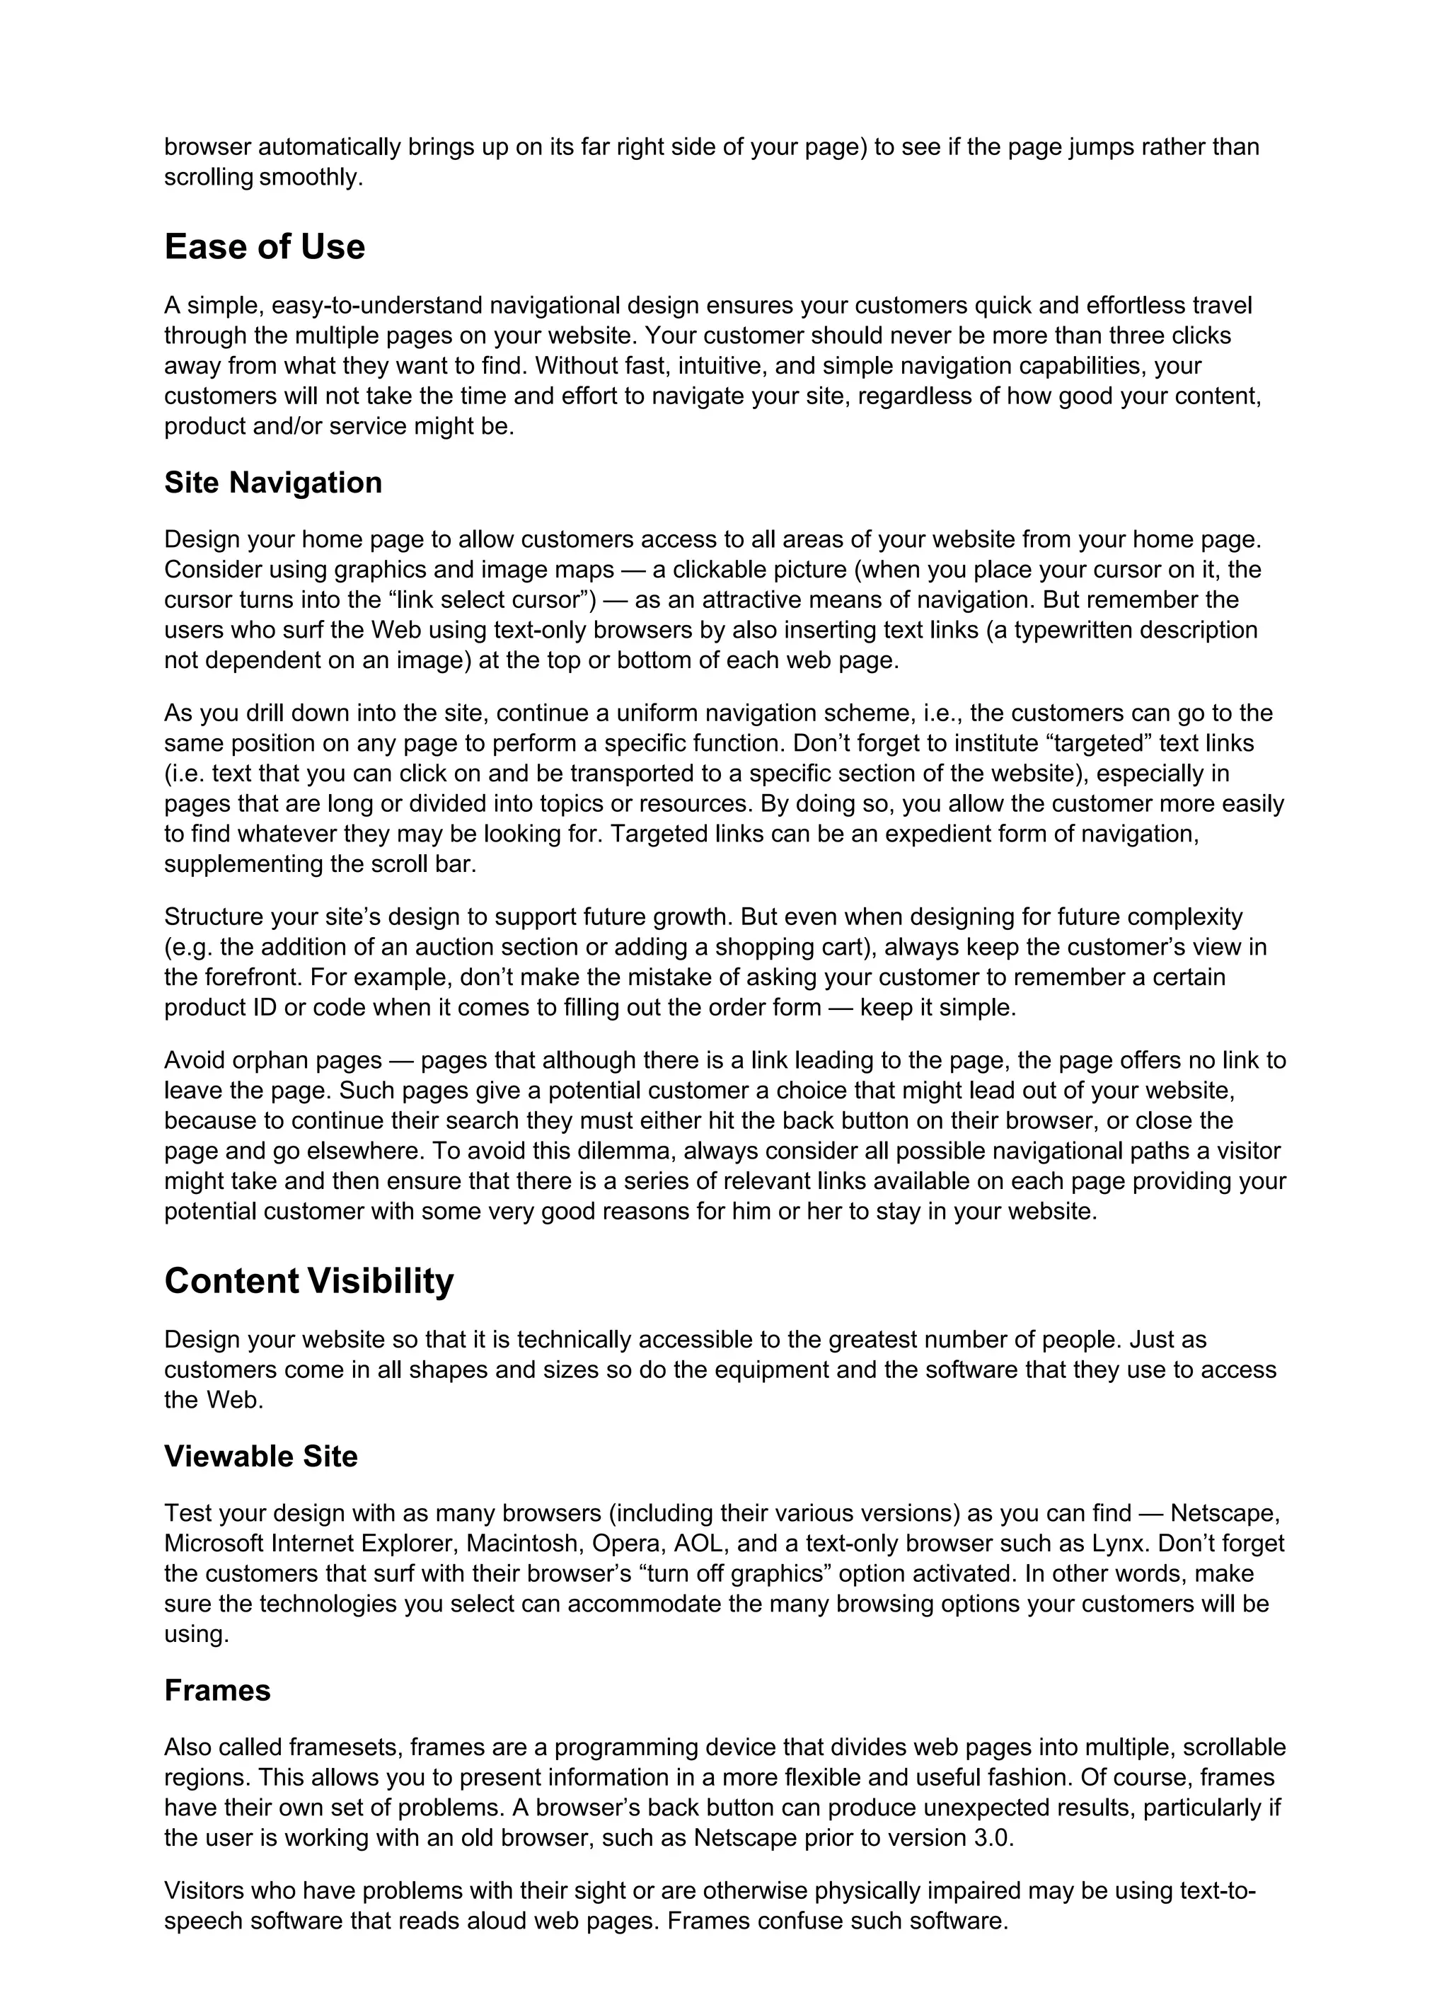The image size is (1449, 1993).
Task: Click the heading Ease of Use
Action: pos(264,247)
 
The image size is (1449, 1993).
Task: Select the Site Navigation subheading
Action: pos(272,483)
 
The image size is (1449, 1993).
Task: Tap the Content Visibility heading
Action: pos(308,1281)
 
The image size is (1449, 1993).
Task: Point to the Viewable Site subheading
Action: pos(261,1456)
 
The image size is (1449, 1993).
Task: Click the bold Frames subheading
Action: pos(217,1690)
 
